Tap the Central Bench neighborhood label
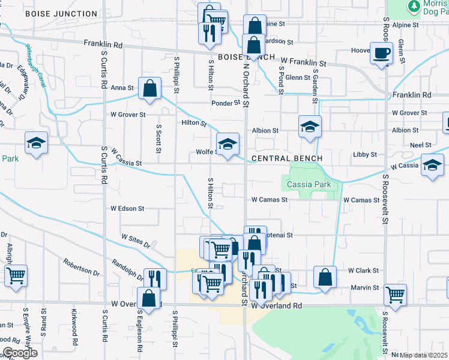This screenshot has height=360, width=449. [287, 158]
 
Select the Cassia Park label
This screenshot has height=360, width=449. [309, 185]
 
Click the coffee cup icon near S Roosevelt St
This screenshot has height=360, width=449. [382, 53]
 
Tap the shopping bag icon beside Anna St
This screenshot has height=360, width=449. [149, 88]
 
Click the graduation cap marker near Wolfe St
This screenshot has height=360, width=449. [228, 145]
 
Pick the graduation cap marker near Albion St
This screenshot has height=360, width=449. [310, 127]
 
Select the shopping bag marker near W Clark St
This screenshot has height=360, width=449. [325, 277]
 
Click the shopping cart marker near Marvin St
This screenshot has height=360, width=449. [396, 294]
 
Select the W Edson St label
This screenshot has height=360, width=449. [127, 209]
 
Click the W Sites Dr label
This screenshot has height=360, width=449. [136, 241]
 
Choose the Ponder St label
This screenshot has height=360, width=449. [225, 103]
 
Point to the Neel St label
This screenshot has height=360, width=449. [420, 145]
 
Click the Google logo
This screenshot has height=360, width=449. [19, 353]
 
